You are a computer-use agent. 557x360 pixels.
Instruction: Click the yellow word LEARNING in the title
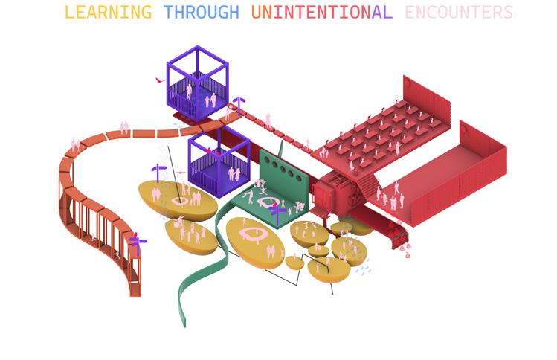click(108, 13)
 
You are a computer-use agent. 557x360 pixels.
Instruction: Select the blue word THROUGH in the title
click(202, 13)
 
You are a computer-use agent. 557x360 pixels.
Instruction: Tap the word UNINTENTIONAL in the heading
click(321, 13)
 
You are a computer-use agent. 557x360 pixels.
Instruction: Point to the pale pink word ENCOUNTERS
click(459, 13)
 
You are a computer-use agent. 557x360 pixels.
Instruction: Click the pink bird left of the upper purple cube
click(159, 80)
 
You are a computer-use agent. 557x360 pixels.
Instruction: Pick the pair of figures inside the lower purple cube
click(234, 174)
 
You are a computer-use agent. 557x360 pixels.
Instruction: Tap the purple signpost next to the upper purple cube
click(239, 104)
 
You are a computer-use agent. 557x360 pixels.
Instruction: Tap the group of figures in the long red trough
click(390, 196)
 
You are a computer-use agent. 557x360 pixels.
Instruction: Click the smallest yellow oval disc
click(294, 263)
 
